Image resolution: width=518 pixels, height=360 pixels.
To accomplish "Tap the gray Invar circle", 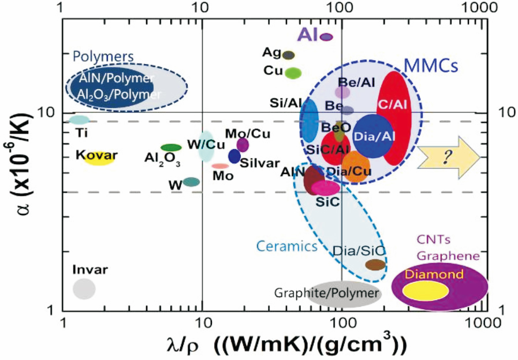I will click(x=84, y=288).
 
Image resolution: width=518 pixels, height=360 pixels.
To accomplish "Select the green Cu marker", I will click(x=293, y=73).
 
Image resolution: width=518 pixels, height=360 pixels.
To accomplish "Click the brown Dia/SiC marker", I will click(x=375, y=265).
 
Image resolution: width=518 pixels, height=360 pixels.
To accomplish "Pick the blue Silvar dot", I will click(x=234, y=156).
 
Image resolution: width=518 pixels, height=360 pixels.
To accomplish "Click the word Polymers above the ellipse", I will click(x=103, y=57).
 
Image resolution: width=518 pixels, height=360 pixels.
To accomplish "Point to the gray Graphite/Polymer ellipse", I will click(x=344, y=294).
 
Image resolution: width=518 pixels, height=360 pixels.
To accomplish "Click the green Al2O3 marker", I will click(x=171, y=148).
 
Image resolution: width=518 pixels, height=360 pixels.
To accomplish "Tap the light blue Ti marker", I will click(x=80, y=120).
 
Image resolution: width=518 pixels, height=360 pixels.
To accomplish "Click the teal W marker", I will click(x=191, y=182).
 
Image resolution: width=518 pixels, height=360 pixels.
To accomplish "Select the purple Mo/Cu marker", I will click(x=243, y=144).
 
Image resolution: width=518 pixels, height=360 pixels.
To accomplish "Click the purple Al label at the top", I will click(x=307, y=35).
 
